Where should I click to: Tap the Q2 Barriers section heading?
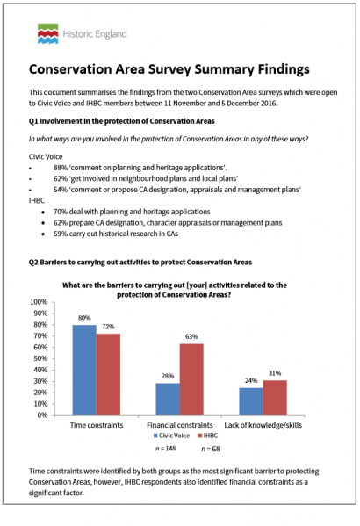140,262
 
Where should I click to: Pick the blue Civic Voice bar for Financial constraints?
168,398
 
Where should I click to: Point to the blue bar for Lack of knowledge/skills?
251,400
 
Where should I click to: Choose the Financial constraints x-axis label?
180,423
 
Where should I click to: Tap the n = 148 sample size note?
166,450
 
